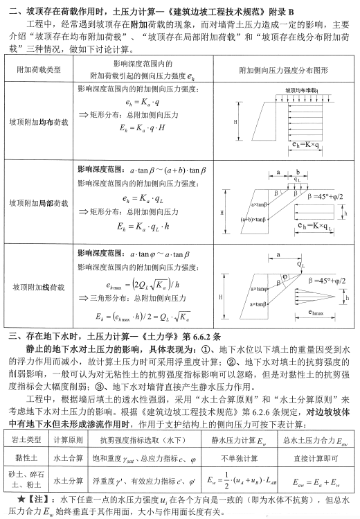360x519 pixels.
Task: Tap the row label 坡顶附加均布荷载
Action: (39, 122)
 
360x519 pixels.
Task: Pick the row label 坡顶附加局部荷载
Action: (39, 204)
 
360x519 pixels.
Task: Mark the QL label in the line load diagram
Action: (300, 265)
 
